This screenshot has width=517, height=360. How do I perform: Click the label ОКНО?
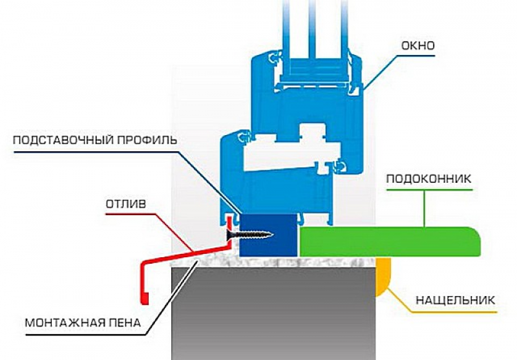click(418, 45)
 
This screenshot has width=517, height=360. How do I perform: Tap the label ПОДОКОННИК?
click(428, 179)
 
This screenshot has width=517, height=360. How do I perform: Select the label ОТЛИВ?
click(126, 204)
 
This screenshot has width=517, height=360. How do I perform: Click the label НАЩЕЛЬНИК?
click(456, 301)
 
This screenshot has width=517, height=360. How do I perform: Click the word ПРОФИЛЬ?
click(147, 140)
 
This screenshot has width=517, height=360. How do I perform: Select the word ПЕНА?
click(123, 323)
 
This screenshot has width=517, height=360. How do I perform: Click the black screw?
click(249, 235)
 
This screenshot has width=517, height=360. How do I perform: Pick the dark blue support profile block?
click(268, 235)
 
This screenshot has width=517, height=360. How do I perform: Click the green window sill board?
click(389, 241)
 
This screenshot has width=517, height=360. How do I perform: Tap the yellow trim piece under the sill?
click(383, 274)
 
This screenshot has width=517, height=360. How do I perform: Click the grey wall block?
click(273, 313)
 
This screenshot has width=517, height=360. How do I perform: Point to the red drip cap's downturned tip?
click(144, 298)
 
